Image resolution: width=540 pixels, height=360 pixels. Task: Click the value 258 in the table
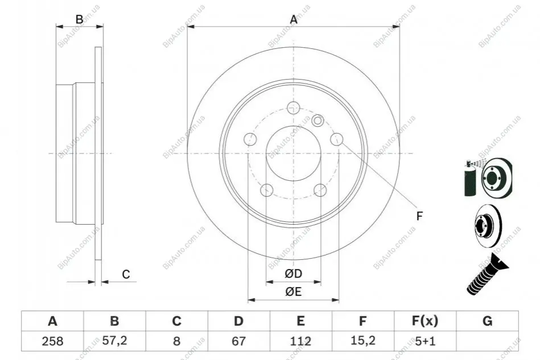click(52, 341)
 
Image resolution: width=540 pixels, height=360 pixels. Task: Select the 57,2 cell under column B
click(115, 341)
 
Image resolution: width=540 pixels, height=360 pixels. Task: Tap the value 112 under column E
click(300, 341)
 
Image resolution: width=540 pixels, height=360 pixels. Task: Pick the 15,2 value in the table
click(362, 341)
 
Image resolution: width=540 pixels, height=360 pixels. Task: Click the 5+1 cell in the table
click(425, 341)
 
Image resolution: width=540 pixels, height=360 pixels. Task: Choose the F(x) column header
click(425, 321)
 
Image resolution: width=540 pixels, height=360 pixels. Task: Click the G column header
click(487, 321)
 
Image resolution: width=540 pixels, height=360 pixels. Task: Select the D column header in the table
click(238, 321)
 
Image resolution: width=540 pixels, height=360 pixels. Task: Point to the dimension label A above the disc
click(294, 19)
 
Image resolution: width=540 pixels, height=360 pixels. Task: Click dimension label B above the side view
click(79, 19)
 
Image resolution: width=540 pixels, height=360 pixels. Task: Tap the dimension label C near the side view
click(126, 274)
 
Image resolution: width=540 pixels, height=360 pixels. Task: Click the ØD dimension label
click(294, 274)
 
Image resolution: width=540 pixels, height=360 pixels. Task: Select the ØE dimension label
click(294, 292)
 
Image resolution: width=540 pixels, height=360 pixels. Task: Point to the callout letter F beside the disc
click(419, 216)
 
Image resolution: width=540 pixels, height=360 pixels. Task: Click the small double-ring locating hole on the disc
click(318, 121)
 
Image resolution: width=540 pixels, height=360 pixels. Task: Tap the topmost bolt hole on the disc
click(293, 107)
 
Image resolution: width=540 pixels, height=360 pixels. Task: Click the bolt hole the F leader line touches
click(337, 139)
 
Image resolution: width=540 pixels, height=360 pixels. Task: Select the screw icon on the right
click(487, 274)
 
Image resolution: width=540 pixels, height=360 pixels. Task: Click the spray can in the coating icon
click(470, 179)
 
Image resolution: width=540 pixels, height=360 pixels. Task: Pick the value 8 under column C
click(176, 341)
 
